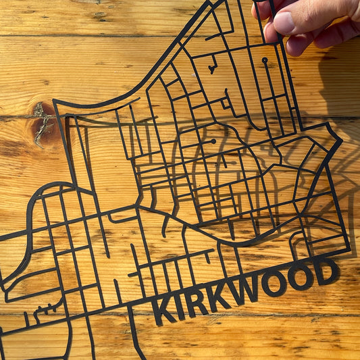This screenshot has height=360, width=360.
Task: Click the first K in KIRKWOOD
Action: pyautogui.click(x=163, y=310)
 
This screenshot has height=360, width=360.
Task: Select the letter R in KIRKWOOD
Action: pyautogui.click(x=196, y=302)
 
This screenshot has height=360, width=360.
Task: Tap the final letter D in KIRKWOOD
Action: pyautogui.click(x=327, y=271)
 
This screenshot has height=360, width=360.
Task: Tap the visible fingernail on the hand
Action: pyautogui.click(x=284, y=22)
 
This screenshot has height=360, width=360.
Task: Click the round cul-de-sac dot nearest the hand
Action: pyautogui.click(x=265, y=61)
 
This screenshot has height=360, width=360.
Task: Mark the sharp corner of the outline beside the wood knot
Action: pyautogui.click(x=56, y=103)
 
